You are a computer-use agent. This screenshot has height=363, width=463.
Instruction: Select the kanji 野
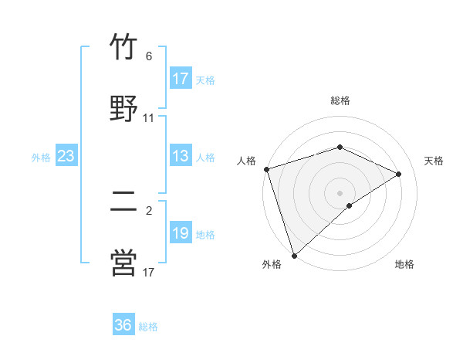[123, 109]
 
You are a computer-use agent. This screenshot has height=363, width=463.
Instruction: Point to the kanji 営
[123, 262]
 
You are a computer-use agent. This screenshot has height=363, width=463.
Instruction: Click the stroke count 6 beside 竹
[149, 56]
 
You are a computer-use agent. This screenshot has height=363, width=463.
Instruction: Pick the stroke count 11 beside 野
[149, 118]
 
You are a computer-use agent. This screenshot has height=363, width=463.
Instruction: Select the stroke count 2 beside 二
[149, 209]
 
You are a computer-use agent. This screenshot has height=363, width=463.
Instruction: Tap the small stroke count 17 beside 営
[149, 271]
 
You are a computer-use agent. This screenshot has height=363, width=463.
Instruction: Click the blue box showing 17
[181, 79]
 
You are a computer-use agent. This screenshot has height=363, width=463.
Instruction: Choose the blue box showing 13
[181, 156]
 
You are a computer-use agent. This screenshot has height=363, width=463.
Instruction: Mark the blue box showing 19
[181, 233]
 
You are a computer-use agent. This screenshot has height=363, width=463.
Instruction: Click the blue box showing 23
[66, 156]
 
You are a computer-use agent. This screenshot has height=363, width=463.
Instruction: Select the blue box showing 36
[123, 325]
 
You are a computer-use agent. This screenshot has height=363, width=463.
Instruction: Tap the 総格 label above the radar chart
[340, 100]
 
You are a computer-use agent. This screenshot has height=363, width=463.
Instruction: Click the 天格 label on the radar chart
[434, 161]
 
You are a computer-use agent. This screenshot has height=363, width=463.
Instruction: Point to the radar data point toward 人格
[266, 169]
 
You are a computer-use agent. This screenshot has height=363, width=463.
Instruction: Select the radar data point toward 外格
[294, 255]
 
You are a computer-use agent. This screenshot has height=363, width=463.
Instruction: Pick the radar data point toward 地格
[350, 205]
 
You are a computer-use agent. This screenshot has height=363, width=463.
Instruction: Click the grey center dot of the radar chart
[340, 192]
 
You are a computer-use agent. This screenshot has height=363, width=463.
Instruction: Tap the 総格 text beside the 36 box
[149, 327]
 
